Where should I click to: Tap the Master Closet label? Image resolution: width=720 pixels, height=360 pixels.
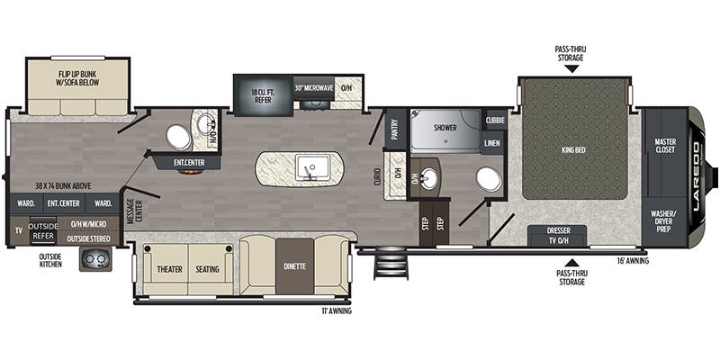665,145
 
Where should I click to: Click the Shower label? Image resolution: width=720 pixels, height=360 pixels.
445,128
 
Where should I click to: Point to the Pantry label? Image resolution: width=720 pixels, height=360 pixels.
393,131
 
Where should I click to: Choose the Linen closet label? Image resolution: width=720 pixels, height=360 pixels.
492,142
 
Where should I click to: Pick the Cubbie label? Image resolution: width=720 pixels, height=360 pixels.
494,120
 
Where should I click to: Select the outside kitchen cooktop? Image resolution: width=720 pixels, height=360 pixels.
95,259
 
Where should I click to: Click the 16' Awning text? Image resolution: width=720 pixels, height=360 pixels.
630,261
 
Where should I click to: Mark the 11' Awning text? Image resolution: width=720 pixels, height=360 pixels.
334,311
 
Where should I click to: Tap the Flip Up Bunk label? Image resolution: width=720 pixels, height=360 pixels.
77,76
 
